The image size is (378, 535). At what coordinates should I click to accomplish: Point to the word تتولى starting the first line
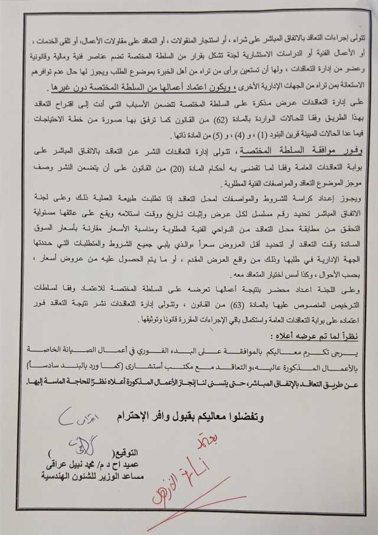click(x=358, y=38)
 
